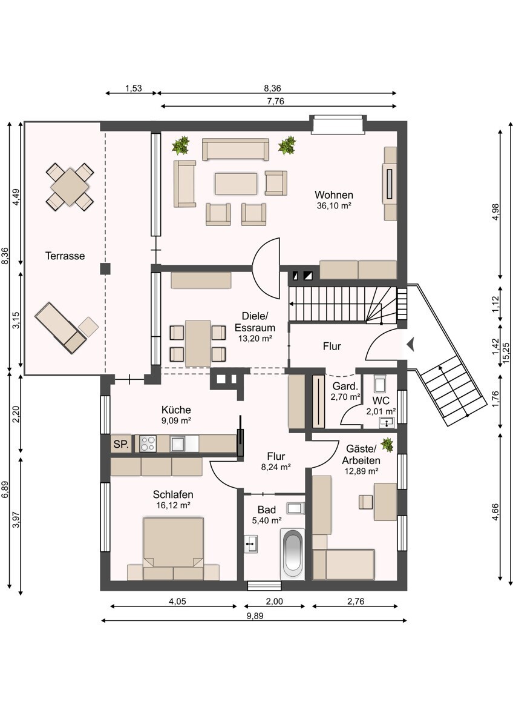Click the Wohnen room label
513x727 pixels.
click(x=334, y=195)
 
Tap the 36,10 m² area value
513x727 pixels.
click(x=334, y=206)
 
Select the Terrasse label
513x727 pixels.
click(x=65, y=256)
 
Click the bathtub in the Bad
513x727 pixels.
click(x=292, y=554)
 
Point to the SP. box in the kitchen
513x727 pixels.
click(x=121, y=443)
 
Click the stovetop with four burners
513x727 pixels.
click(x=148, y=443)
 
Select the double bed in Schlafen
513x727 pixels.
click(x=174, y=548)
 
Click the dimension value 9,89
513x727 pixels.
click(x=255, y=616)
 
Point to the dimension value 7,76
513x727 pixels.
click(x=276, y=102)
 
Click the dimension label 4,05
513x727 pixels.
click(x=177, y=602)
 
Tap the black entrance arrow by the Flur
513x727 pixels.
click(x=411, y=344)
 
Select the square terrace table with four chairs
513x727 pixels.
click(x=70, y=187)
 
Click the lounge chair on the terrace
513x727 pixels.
click(x=61, y=328)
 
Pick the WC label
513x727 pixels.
click(x=381, y=400)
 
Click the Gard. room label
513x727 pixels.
click(x=345, y=387)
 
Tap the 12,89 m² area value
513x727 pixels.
click(x=361, y=471)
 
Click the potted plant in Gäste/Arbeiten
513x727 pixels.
click(x=387, y=444)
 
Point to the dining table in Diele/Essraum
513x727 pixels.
click(x=198, y=344)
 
